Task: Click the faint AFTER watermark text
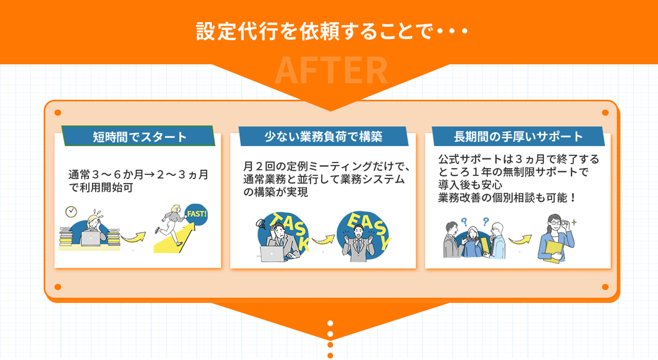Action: [331, 71]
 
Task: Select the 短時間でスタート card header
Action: [138, 136]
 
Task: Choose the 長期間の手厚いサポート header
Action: [518, 136]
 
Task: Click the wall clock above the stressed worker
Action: [71, 212]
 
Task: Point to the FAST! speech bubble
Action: [196, 214]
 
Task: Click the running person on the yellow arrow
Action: [170, 225]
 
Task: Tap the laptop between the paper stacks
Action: [91, 239]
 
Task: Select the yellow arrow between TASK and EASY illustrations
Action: [324, 239]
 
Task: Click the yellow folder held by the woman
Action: [553, 251]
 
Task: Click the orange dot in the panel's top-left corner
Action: [58, 113]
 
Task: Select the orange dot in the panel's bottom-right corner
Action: [605, 287]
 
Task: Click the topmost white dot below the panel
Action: [330, 323]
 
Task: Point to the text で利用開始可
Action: [101, 188]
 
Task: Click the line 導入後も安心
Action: [470, 185]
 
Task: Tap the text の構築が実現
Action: [276, 192]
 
